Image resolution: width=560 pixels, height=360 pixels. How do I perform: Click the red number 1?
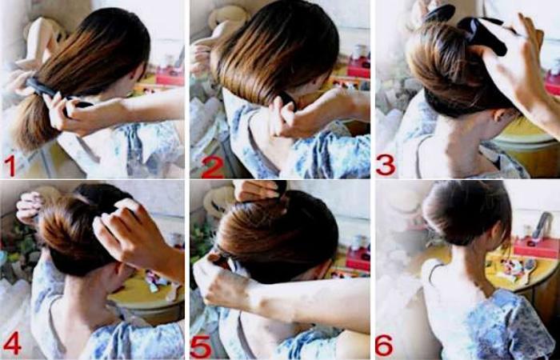(10, 166)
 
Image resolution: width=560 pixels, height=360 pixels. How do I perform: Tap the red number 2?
(213, 166)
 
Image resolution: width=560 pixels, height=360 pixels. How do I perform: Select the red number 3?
(386, 165)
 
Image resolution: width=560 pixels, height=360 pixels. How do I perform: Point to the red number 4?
(13, 343)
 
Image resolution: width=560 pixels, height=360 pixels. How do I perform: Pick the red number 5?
(201, 346)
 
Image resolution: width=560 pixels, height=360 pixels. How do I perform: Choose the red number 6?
(384, 345)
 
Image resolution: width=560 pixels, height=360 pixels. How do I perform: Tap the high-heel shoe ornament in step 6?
(542, 225)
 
